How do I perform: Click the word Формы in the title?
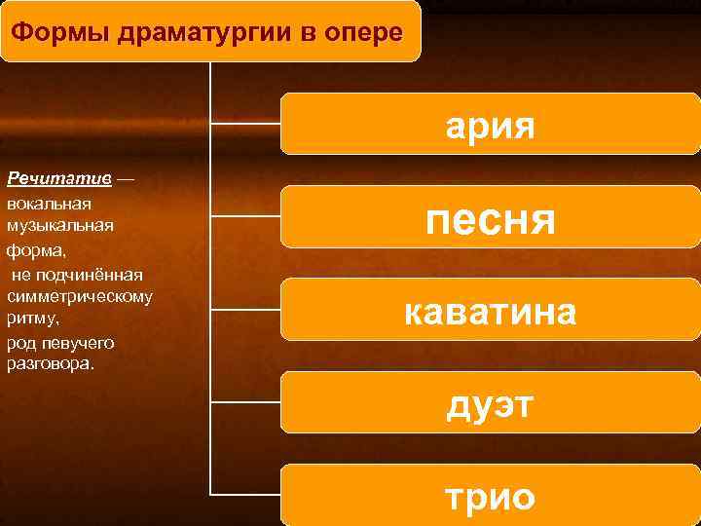point(58,32)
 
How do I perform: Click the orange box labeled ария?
point(491,124)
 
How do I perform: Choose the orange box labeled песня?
point(491,216)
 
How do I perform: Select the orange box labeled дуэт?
point(491,402)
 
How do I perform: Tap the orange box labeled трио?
point(491,495)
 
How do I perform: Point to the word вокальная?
point(49,204)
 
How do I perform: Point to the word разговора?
point(49,364)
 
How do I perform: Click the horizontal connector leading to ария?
point(246,124)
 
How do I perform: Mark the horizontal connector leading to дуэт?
point(246,402)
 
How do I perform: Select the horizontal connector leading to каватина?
point(246,310)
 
